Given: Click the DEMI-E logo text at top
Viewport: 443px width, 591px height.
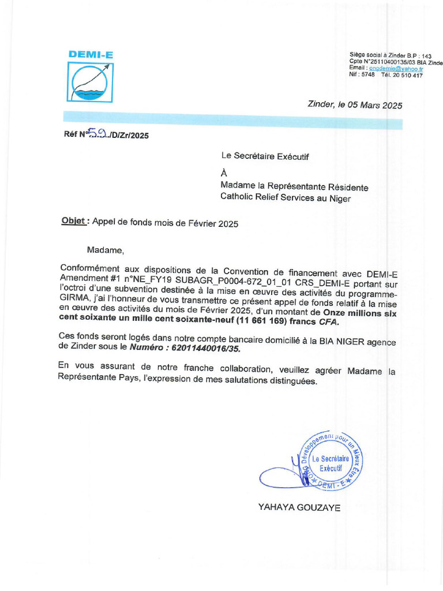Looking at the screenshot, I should tap(91, 55).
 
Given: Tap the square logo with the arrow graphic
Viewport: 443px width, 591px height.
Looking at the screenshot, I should tap(91, 82).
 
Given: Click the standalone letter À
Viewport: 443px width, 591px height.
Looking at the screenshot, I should tap(224, 173).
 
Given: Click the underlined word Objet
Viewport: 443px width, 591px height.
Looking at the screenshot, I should tap(74, 222).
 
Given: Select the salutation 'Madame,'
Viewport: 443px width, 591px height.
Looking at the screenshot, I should tap(106, 250).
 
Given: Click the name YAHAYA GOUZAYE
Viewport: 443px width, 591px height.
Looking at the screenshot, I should tap(299, 508).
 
